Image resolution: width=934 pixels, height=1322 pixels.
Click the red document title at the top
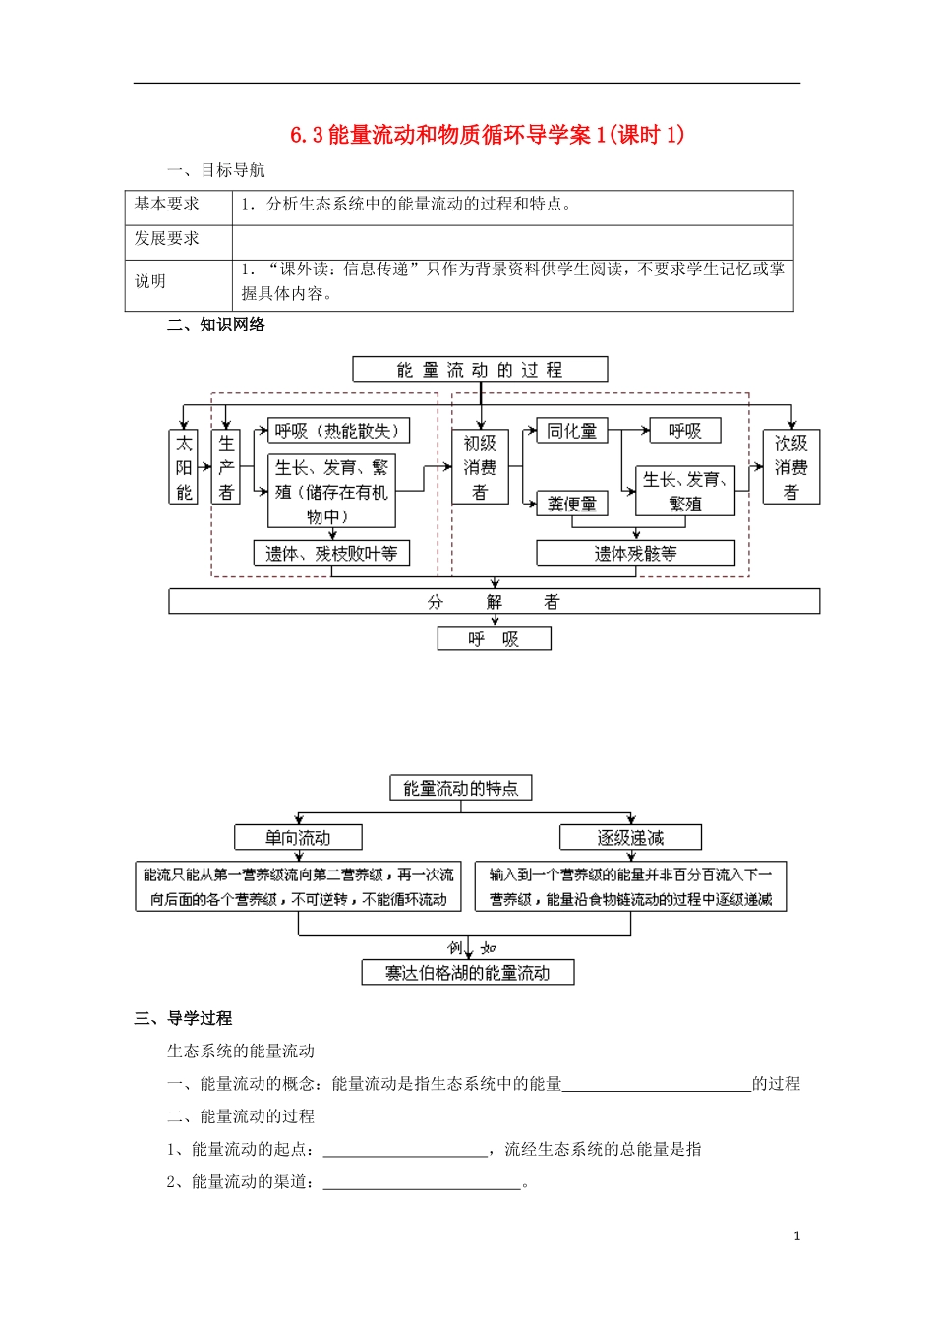tap(487, 135)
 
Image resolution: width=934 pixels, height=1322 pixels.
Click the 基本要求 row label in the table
tap(167, 204)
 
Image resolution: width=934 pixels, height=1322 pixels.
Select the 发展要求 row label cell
tap(167, 238)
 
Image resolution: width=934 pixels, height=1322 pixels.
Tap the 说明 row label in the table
tap(150, 281)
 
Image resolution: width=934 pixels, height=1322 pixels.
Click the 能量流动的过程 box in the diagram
tap(480, 370)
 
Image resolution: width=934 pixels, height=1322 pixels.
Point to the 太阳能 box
tap(184, 467)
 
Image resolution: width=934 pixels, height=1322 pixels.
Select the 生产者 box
tap(226, 467)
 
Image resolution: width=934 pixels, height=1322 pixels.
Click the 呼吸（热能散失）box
tap(338, 431)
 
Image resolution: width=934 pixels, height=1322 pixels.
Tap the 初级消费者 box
tap(480, 467)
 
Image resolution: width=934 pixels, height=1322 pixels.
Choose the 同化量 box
tap(572, 431)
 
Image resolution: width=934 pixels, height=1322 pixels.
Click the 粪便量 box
tap(572, 504)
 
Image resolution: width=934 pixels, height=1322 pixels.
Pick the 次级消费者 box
tap(790, 467)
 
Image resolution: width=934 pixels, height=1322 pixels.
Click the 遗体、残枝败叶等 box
tap(331, 554)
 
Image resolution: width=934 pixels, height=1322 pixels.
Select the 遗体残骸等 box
tap(635, 554)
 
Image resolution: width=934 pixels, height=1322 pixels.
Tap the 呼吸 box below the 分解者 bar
tap(494, 639)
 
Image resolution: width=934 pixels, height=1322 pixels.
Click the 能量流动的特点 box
tap(460, 788)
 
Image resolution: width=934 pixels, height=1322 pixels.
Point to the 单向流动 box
tap(298, 838)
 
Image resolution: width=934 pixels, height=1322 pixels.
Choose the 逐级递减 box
tap(630, 838)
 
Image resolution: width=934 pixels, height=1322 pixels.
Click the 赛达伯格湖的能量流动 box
tap(467, 973)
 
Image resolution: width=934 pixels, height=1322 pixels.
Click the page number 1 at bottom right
tap(796, 1236)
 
